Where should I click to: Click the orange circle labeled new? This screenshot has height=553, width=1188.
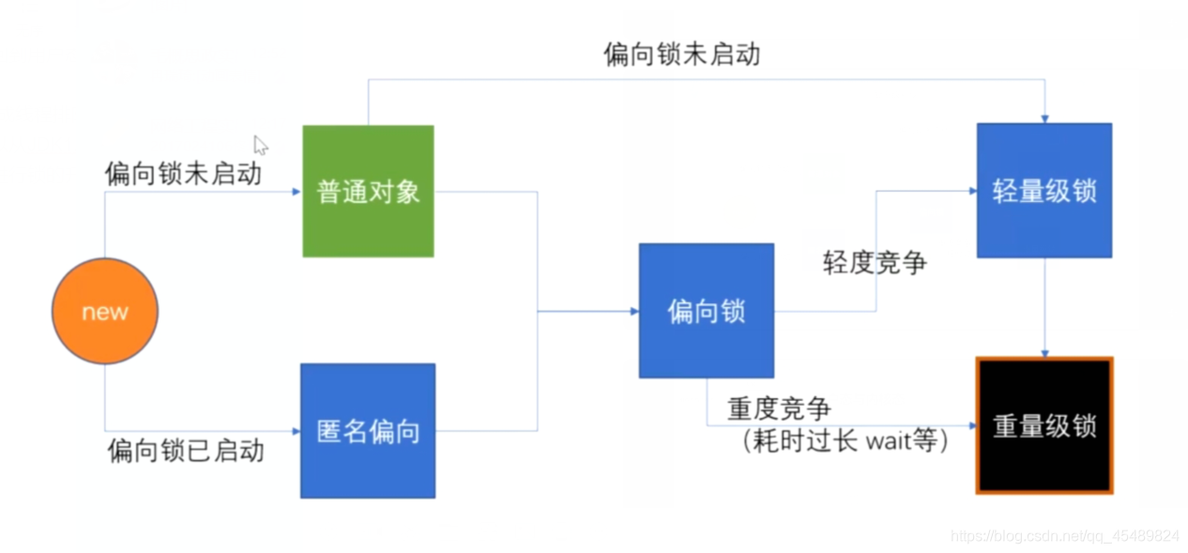[104, 312]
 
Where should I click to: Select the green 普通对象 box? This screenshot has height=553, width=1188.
[368, 192]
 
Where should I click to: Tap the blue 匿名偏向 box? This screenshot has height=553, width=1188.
[368, 431]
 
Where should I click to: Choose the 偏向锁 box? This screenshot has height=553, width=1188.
[707, 311]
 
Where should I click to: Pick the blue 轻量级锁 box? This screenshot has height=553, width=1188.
[1044, 191]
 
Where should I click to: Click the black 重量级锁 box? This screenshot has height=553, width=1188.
[1044, 425]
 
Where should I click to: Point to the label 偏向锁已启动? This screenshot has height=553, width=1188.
[186, 450]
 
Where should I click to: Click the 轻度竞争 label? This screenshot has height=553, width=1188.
[875, 262]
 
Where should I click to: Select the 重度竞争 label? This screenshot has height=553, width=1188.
[779, 408]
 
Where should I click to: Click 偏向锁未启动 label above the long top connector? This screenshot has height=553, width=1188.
[681, 54]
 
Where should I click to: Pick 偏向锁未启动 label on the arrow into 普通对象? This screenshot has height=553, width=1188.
[183, 173]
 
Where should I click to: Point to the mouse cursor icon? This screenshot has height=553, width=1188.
[260, 145]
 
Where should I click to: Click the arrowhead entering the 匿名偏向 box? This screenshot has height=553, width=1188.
[295, 432]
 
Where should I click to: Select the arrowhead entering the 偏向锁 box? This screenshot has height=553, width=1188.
[633, 311]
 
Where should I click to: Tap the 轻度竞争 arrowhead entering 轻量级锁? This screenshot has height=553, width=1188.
[971, 191]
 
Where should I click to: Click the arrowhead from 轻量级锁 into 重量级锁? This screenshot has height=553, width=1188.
[1044, 353]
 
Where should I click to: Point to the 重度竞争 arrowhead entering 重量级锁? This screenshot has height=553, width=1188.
[971, 425]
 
